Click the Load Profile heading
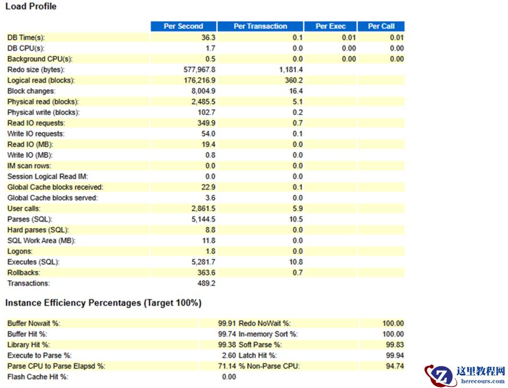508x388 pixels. [31, 6]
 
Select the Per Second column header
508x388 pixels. [183, 26]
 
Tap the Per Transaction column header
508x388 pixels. [260, 26]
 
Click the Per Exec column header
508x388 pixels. [330, 26]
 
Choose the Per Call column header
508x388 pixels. [381, 26]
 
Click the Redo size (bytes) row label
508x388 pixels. [36, 70]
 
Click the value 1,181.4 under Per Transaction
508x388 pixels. [291, 70]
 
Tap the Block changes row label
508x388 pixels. [31, 91]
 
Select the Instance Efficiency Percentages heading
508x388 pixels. [103, 303]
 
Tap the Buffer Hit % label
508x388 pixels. [27, 334]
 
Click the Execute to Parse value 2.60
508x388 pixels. [229, 355]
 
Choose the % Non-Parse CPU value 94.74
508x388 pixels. [393, 366]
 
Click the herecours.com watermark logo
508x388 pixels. [466, 375]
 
